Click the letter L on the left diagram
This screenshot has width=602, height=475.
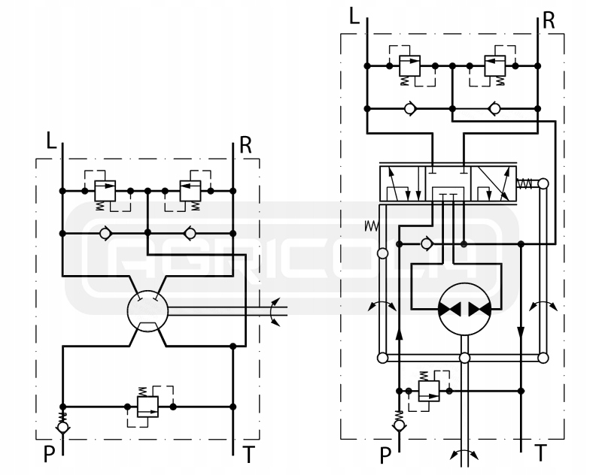(x=50, y=141)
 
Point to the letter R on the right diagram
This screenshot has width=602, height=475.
(x=549, y=19)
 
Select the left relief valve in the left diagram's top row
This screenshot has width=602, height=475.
(x=105, y=190)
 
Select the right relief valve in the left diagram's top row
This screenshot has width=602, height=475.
(x=190, y=190)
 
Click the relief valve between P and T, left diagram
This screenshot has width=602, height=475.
(x=147, y=404)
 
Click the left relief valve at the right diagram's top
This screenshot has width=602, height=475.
(x=410, y=66)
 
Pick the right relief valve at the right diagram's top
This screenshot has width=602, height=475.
(x=494, y=66)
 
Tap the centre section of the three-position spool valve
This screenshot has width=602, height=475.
(x=449, y=184)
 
